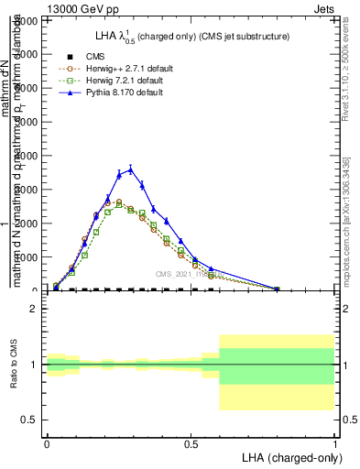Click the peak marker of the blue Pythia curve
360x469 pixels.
pos(130,169)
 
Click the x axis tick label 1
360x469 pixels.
pos(334,442)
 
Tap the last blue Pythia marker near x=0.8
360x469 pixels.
pos(277,289)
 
